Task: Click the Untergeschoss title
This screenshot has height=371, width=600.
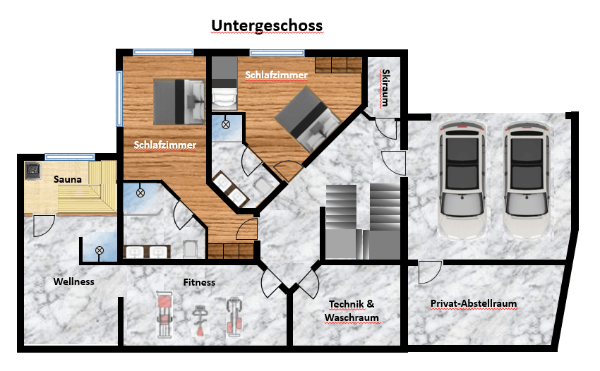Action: tap(267, 25)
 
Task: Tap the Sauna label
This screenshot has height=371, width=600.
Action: tap(67, 179)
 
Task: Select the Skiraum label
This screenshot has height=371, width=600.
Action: tap(385, 87)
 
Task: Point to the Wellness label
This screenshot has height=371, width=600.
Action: tap(74, 281)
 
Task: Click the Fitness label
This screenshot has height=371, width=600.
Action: tap(199, 282)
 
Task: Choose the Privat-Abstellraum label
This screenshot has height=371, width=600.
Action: tap(474, 304)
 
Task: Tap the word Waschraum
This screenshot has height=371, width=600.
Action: tap(352, 317)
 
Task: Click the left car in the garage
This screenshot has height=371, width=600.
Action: tap(462, 180)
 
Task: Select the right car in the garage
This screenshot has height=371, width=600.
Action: tap(527, 180)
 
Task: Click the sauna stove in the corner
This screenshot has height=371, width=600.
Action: tap(33, 171)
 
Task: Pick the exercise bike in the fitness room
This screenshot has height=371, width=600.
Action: tap(199, 320)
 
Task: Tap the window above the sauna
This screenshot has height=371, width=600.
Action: tap(69, 157)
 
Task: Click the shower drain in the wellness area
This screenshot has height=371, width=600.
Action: tap(99, 250)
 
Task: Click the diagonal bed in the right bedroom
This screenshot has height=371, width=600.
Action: tap(307, 119)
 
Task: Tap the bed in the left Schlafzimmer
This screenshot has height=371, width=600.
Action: tap(179, 102)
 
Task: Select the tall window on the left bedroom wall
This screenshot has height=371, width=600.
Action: tap(119, 98)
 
